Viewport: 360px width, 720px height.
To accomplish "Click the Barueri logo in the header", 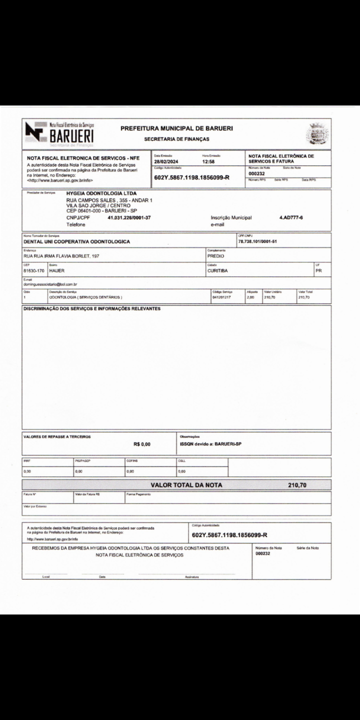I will [x=60, y=133].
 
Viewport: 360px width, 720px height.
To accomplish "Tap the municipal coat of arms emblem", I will [x=317, y=133].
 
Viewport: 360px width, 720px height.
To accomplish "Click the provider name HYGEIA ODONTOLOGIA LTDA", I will [x=101, y=193].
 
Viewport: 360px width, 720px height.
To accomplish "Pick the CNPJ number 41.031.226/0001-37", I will [x=129, y=218].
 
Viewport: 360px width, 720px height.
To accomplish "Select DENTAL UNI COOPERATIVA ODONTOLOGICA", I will [x=77, y=241].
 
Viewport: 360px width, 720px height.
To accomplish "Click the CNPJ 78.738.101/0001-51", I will [x=257, y=241].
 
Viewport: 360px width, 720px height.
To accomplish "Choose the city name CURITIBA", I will [x=217, y=270].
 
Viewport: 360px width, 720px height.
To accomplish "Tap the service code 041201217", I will [x=222, y=297].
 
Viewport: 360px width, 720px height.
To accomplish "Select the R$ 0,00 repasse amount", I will [x=142, y=444].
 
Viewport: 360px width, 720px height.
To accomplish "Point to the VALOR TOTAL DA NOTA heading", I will [x=186, y=485].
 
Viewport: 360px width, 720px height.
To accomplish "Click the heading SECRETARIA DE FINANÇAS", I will [x=176, y=139].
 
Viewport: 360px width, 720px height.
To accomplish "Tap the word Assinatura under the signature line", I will [x=192, y=577].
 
